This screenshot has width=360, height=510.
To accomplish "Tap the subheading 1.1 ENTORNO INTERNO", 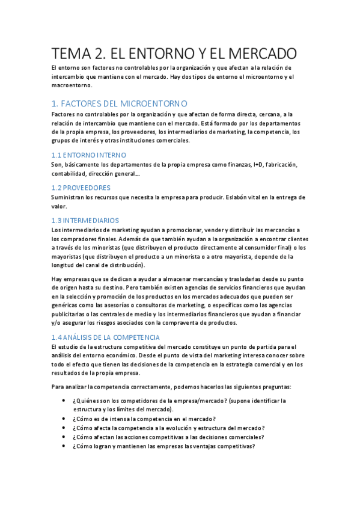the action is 89,155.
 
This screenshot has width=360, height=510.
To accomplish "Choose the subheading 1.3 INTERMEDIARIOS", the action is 85,221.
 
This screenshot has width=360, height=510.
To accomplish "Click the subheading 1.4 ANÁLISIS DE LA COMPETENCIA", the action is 106,337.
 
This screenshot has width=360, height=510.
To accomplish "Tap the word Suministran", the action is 70,197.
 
